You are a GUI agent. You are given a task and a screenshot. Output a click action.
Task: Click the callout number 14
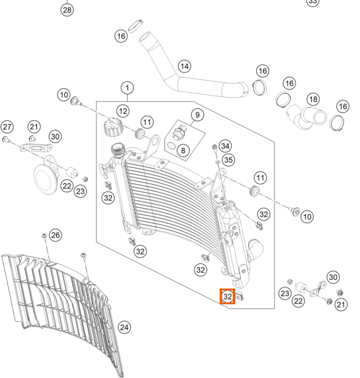[x=184, y=66]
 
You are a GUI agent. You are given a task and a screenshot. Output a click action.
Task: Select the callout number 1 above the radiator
[x=127, y=88]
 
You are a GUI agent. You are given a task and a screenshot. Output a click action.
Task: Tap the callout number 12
[x=123, y=111]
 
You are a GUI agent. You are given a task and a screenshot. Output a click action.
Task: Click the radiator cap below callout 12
[x=113, y=127]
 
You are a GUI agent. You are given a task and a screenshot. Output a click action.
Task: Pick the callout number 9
[x=198, y=115]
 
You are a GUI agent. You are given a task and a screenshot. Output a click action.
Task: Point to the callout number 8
[x=183, y=151]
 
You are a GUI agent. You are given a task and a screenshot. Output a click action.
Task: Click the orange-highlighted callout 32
[x=228, y=297]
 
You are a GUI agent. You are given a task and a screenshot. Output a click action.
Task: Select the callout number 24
[x=124, y=328]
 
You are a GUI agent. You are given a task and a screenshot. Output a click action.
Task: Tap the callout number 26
[x=55, y=235]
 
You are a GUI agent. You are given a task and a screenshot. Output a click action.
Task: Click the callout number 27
[x=7, y=127]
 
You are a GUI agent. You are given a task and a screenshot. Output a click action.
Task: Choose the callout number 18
[x=313, y=99]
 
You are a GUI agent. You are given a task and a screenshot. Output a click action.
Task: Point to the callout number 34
[x=225, y=146]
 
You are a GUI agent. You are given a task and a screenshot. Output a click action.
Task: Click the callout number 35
[x=228, y=160]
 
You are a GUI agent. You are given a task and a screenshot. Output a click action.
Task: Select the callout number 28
[x=67, y=10]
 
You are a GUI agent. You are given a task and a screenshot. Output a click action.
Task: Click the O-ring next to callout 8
[x=171, y=146]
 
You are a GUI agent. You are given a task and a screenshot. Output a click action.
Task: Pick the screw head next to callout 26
[x=44, y=235]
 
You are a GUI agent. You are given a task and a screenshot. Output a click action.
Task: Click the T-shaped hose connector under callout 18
[x=307, y=117]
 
